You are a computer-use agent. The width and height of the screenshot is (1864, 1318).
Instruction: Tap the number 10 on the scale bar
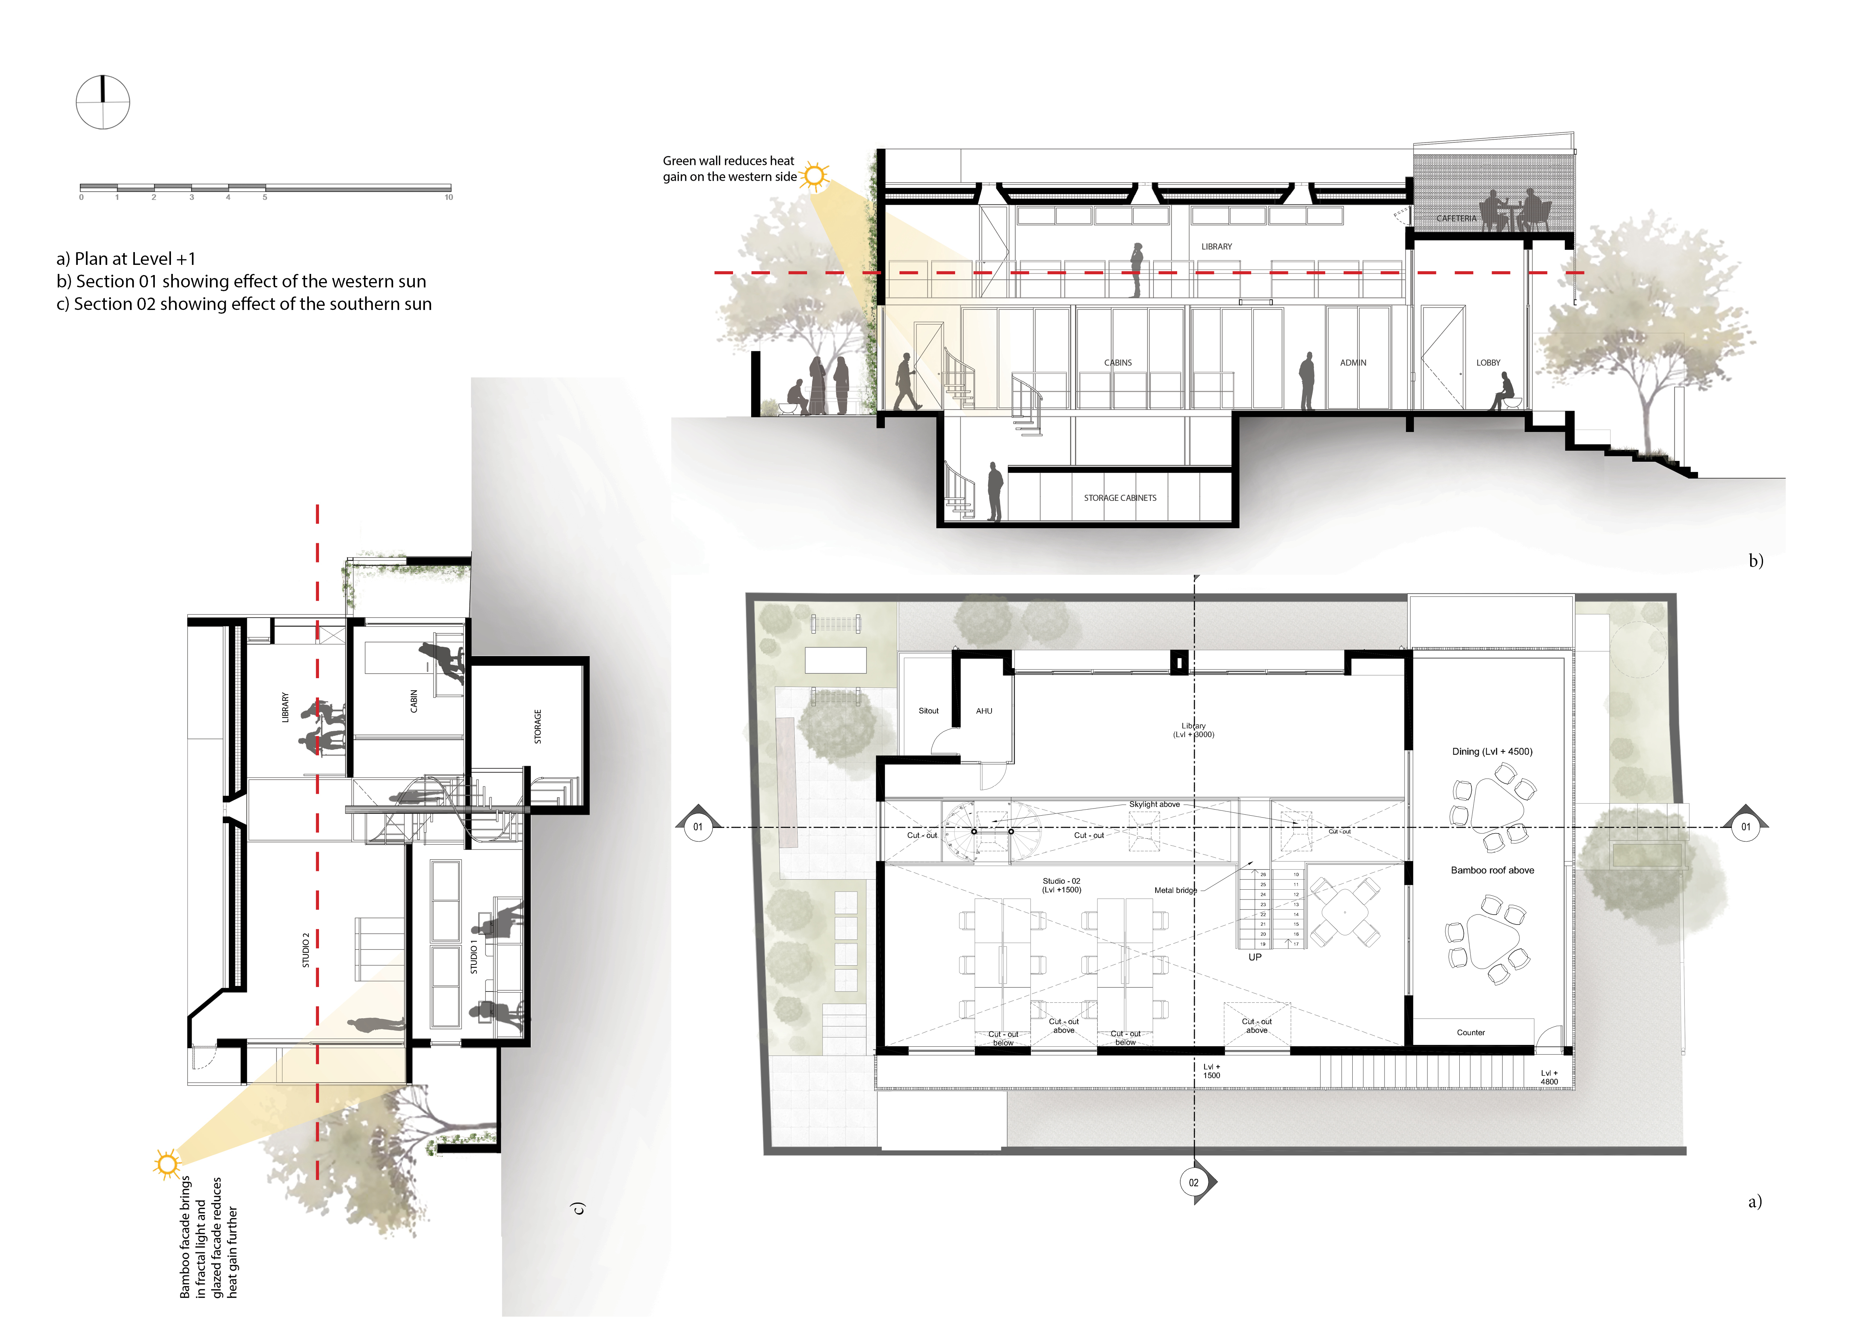[448, 197]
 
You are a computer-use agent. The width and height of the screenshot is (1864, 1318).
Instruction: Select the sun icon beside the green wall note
[814, 175]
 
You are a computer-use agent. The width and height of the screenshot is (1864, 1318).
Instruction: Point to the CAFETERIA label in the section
[1456, 218]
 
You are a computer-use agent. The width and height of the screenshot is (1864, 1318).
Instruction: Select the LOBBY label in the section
[1488, 363]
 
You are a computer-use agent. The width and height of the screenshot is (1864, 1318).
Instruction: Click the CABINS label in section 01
[1118, 363]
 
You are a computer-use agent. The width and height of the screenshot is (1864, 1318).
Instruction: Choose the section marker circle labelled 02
[1193, 1182]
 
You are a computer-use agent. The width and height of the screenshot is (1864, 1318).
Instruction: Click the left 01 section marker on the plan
[697, 827]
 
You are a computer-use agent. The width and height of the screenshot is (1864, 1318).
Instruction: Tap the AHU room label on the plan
[984, 711]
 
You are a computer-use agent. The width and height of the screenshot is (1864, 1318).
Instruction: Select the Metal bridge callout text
[1175, 890]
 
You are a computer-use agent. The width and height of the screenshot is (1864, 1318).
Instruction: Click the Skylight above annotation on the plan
[1155, 804]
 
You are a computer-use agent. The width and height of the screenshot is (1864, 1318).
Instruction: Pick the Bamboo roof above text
[1492, 870]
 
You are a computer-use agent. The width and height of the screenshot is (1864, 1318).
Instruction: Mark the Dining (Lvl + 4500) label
[1492, 751]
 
